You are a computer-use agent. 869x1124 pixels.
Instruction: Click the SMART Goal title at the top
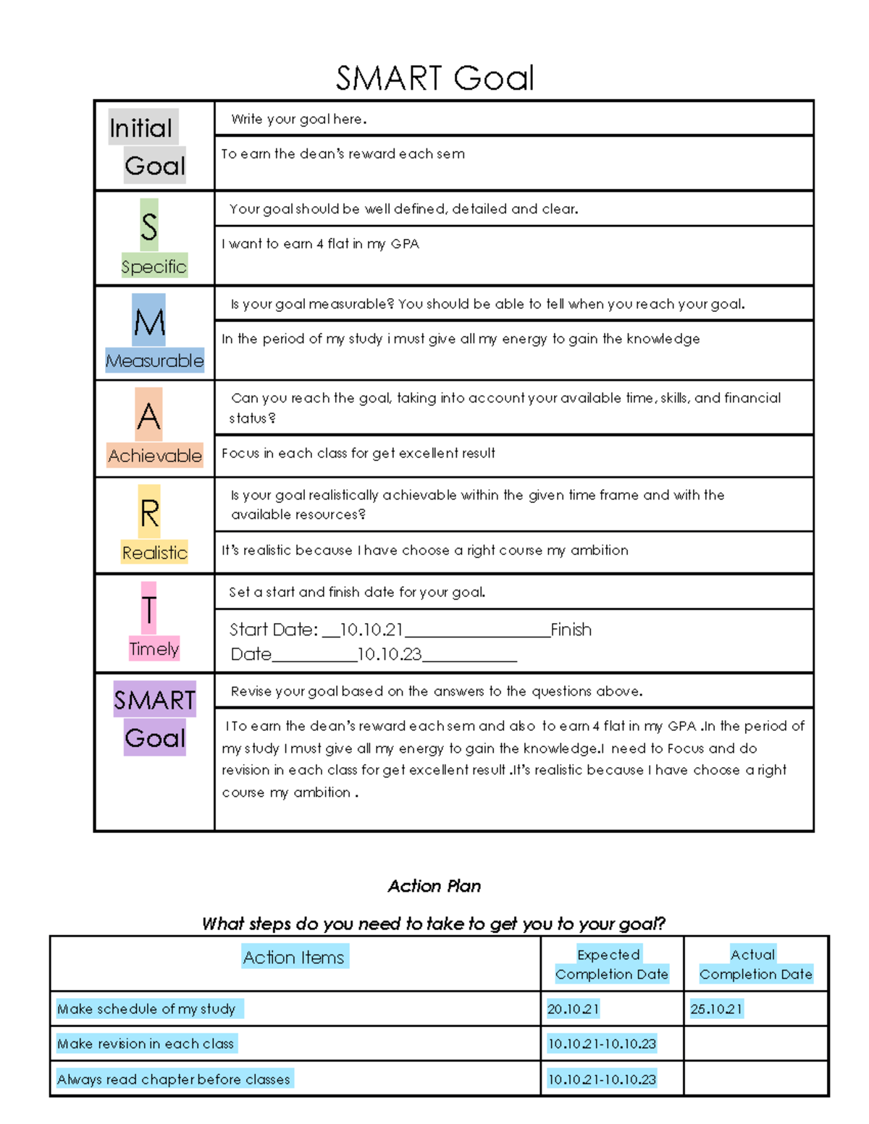434,78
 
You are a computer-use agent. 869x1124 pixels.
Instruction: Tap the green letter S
149,226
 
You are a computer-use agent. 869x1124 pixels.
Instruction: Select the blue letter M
149,321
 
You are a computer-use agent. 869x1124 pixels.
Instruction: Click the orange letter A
148,415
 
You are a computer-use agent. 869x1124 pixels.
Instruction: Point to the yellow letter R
149,512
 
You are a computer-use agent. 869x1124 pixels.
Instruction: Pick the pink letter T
148,609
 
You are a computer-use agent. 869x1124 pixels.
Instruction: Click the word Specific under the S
154,266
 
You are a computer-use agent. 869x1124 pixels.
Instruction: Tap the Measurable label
154,360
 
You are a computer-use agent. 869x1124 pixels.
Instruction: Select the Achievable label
154,455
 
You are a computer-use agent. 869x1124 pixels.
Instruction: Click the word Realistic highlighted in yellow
154,552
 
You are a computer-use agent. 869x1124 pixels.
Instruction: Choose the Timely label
154,648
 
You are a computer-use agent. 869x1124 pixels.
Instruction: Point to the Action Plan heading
434,886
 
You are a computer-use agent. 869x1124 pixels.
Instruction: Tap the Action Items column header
294,957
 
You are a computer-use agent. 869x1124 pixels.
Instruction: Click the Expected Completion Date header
611,964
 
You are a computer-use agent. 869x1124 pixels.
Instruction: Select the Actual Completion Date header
755,964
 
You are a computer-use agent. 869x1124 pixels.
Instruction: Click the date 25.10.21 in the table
716,1009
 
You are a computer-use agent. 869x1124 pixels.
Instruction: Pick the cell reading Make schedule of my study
146,1009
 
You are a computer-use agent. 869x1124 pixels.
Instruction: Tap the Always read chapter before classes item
174,1079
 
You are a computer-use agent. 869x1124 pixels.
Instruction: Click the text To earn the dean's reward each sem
343,154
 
